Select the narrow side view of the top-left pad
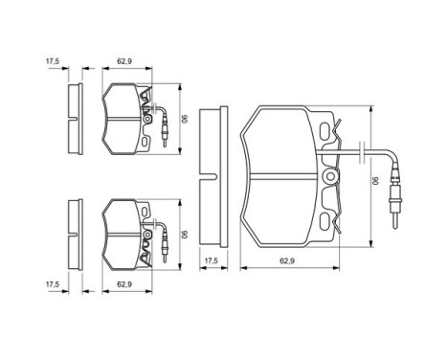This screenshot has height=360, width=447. tap(73, 119)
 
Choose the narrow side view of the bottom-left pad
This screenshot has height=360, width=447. tap(73, 232)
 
